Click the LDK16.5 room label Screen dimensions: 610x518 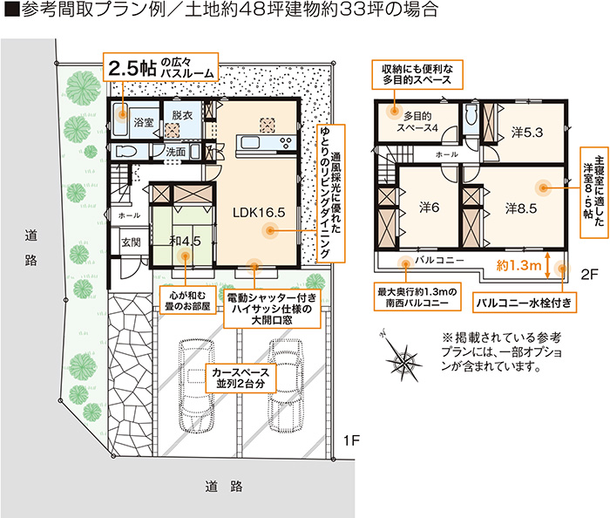[259, 213]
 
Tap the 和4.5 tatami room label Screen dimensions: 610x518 [185, 242]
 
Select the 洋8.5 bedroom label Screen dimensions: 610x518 [521, 208]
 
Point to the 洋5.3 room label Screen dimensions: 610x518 [526, 133]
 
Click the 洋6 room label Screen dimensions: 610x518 [429, 208]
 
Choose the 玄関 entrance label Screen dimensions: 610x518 [131, 242]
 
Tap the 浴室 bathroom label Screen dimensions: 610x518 [144, 123]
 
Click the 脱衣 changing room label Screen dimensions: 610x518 [182, 115]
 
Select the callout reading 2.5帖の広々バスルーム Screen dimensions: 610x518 [160, 67]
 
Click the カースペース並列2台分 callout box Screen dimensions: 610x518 [241, 378]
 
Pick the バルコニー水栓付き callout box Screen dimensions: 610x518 [524, 303]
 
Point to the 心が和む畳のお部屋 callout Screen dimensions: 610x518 [187, 301]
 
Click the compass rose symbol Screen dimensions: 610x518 [403, 357]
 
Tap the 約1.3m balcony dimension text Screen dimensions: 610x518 [518, 266]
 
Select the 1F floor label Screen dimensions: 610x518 [351, 440]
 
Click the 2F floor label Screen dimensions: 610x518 [589, 275]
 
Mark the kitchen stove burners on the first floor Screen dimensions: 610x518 [287, 143]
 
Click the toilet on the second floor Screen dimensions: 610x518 [471, 114]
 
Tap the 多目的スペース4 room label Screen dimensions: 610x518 [417, 122]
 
